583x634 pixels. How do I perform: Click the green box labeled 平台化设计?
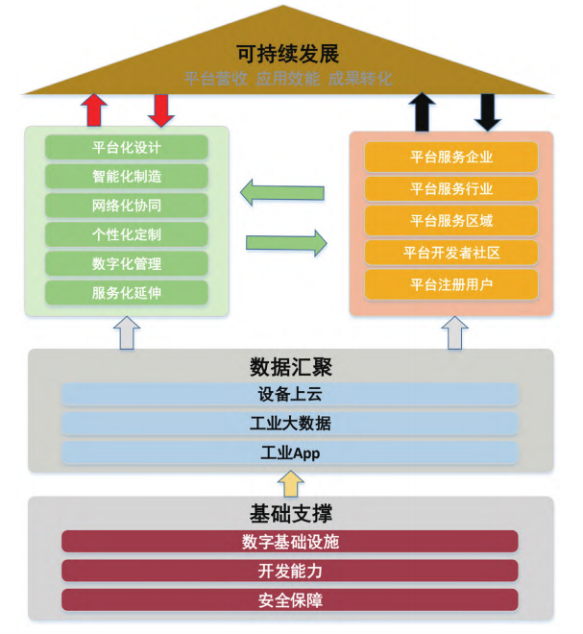(126, 147)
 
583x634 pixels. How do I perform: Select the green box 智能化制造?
(126, 176)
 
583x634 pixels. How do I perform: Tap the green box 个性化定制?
(126, 234)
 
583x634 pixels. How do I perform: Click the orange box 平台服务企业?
(450, 157)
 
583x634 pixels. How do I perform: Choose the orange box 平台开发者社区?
(450, 253)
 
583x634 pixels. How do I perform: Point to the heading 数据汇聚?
(290, 366)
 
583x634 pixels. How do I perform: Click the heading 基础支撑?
(290, 514)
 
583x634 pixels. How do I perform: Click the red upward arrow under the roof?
(93, 110)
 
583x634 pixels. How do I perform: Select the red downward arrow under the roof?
(160, 110)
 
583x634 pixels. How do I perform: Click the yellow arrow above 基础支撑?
(290, 481)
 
